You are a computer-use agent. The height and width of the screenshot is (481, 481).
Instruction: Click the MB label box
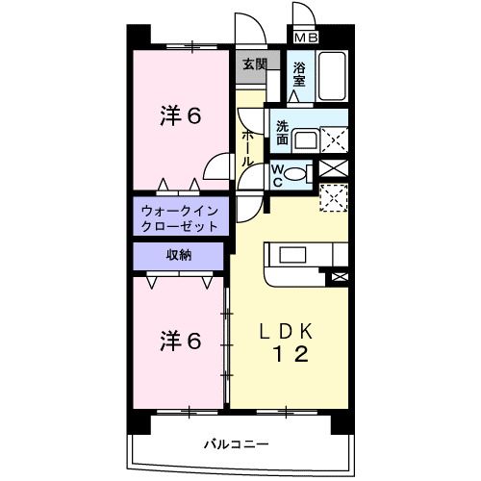pos(306,38)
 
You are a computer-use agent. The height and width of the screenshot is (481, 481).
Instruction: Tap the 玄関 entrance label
pos(254,65)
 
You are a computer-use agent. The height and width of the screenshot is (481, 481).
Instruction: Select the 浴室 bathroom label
pos(299,74)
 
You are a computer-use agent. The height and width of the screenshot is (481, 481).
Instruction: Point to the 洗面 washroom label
pos(283,133)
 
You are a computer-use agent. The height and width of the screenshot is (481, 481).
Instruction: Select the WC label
pos(277,174)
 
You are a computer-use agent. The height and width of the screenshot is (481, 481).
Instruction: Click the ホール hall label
pos(247,149)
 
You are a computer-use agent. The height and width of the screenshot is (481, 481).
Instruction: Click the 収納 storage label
pos(179,255)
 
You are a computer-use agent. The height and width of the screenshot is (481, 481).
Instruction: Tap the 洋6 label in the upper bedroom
pos(180,116)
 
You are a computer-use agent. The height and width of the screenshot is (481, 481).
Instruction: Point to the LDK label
pos(288,332)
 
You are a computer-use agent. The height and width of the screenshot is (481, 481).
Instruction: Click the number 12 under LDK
pos(289,355)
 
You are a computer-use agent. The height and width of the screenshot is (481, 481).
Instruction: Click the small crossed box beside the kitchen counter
pos(339,277)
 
